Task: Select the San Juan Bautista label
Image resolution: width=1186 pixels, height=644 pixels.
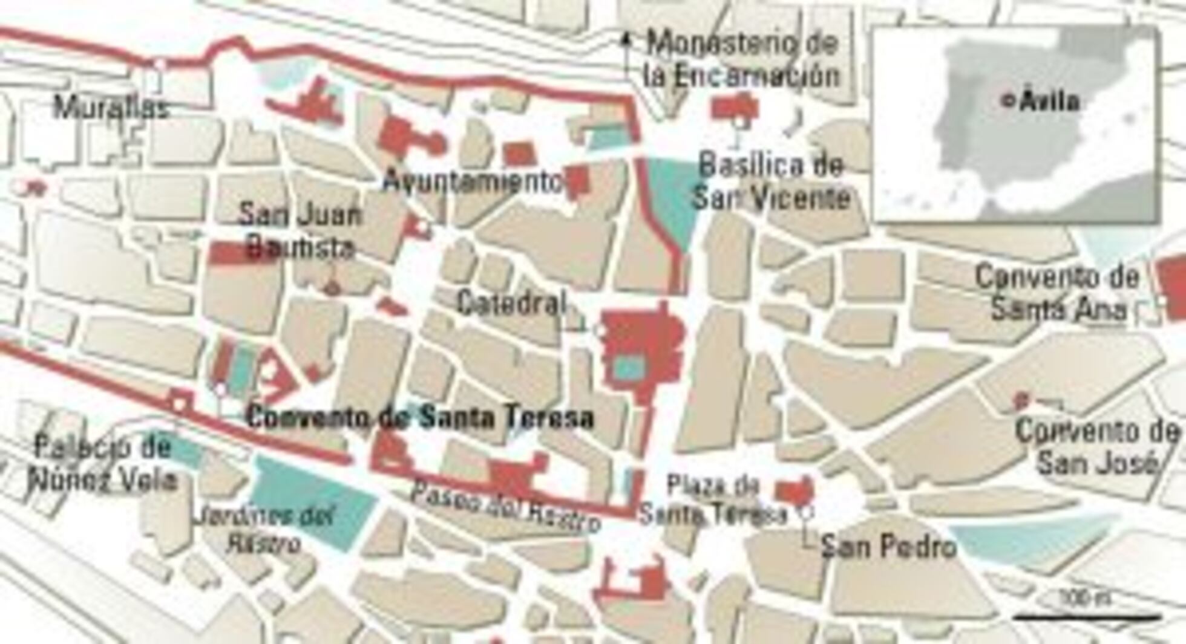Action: click(x=299, y=231)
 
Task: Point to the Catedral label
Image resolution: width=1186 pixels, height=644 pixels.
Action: click(x=512, y=302)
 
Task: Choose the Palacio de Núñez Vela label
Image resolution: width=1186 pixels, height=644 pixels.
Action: click(x=103, y=464)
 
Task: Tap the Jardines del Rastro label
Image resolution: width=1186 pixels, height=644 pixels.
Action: click(x=264, y=529)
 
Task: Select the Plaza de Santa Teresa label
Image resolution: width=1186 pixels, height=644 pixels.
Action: click(x=714, y=500)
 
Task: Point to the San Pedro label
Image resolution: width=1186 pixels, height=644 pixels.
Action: click(x=888, y=547)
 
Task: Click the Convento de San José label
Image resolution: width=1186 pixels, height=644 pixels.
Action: click(x=1096, y=447)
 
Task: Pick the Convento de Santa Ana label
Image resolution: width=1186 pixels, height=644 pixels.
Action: click(x=1058, y=293)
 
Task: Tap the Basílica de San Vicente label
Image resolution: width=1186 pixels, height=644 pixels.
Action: click(x=771, y=181)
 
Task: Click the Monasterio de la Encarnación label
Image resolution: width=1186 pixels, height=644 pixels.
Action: click(x=742, y=59)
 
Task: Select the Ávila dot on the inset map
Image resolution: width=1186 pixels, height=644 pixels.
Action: click(x=1007, y=101)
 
